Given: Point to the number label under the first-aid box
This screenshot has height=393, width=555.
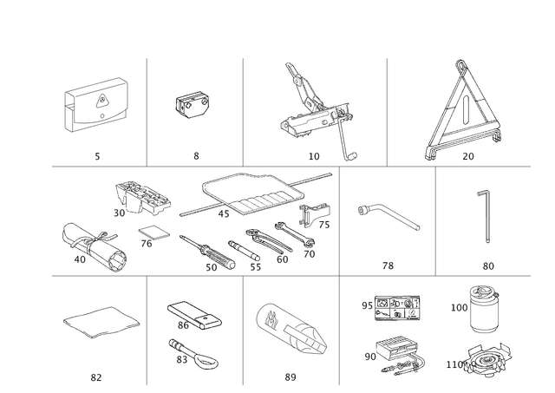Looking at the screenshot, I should point(98,156).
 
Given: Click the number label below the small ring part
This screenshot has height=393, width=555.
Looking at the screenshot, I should point(196,156).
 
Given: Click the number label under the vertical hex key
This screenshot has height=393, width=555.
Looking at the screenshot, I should point(487,265).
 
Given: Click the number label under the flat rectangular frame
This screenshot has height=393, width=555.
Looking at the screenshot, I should point(96,376).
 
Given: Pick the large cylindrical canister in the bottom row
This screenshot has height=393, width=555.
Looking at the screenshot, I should point(290,329).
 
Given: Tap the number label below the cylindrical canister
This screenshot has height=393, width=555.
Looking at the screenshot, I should point(290,376).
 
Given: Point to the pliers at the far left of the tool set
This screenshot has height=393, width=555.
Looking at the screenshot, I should point(89,245).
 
